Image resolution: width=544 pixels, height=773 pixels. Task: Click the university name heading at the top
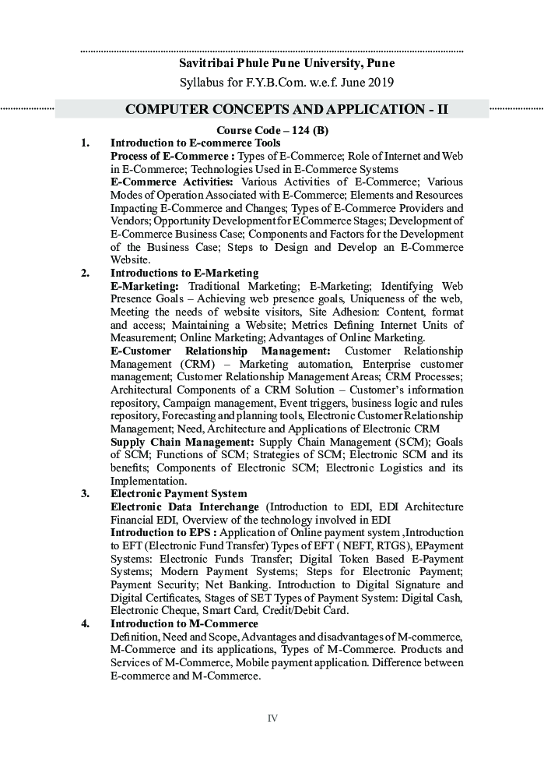click(x=287, y=63)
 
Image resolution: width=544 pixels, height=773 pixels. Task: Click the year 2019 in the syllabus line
click(x=379, y=82)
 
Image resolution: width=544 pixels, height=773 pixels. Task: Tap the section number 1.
click(x=85, y=143)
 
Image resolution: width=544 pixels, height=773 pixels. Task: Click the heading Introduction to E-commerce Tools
click(x=195, y=143)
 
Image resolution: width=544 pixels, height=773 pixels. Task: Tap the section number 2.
click(x=85, y=273)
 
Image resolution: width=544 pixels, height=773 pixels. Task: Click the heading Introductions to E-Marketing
click(x=184, y=273)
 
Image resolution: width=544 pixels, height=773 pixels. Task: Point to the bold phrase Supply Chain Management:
click(x=182, y=443)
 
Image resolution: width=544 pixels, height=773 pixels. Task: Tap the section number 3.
click(x=85, y=494)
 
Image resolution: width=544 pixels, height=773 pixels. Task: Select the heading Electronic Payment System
click(x=178, y=494)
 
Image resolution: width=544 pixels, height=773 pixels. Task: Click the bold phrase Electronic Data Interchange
click(x=184, y=507)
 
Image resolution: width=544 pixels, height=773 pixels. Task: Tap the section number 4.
click(x=85, y=623)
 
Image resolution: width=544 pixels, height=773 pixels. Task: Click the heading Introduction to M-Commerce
click(x=184, y=623)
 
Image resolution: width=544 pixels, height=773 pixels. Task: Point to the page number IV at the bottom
click(x=272, y=718)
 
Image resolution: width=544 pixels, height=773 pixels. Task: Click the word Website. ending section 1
click(x=130, y=259)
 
